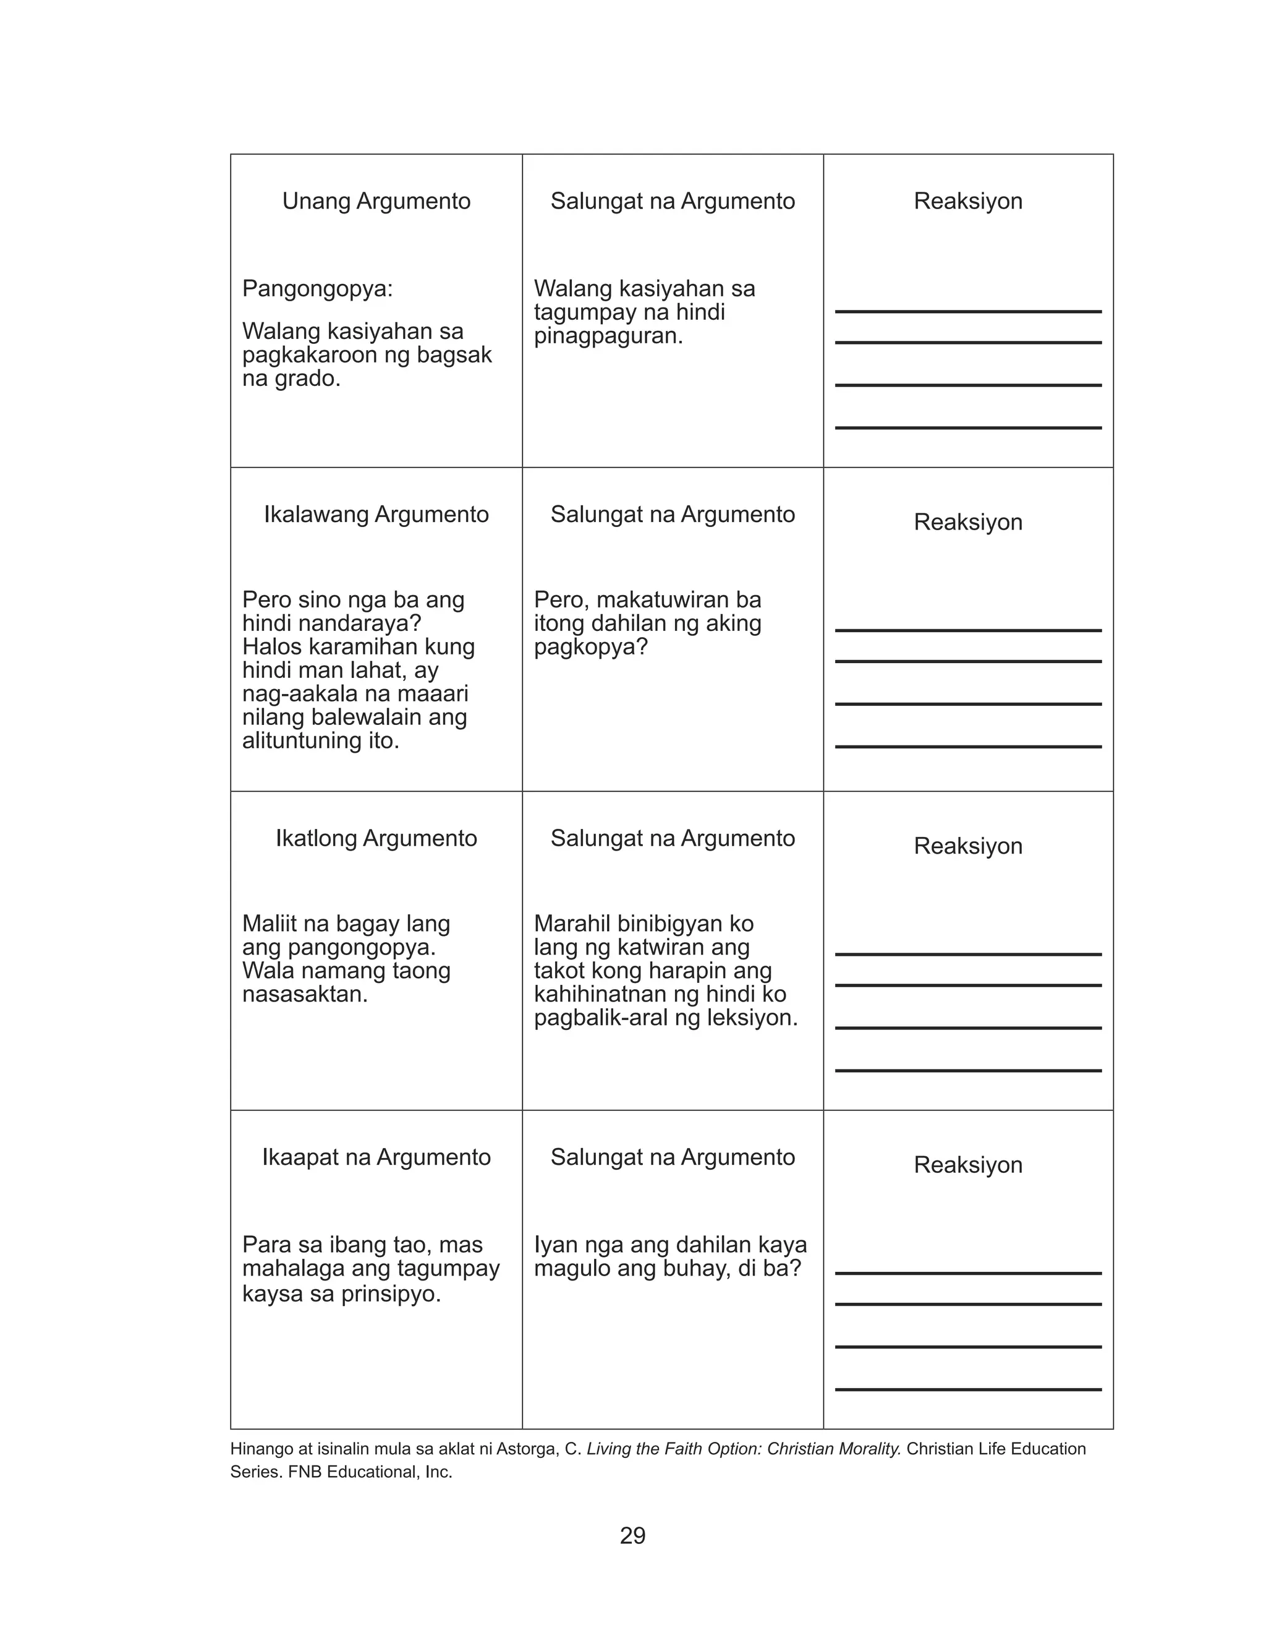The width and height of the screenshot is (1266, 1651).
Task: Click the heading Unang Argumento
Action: (376, 201)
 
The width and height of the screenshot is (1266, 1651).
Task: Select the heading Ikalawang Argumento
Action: (376, 515)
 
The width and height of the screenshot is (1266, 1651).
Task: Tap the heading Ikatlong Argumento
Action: (376, 838)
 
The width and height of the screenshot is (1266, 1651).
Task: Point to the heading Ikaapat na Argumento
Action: (376, 1157)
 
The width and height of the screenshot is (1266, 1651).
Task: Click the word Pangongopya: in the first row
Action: (317, 289)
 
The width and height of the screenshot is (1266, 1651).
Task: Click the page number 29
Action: (632, 1536)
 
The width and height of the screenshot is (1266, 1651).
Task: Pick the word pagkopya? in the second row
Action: (591, 647)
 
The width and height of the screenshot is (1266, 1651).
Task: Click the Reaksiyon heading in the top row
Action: (967, 201)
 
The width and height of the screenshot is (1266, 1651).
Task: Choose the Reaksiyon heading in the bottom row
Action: (967, 1165)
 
